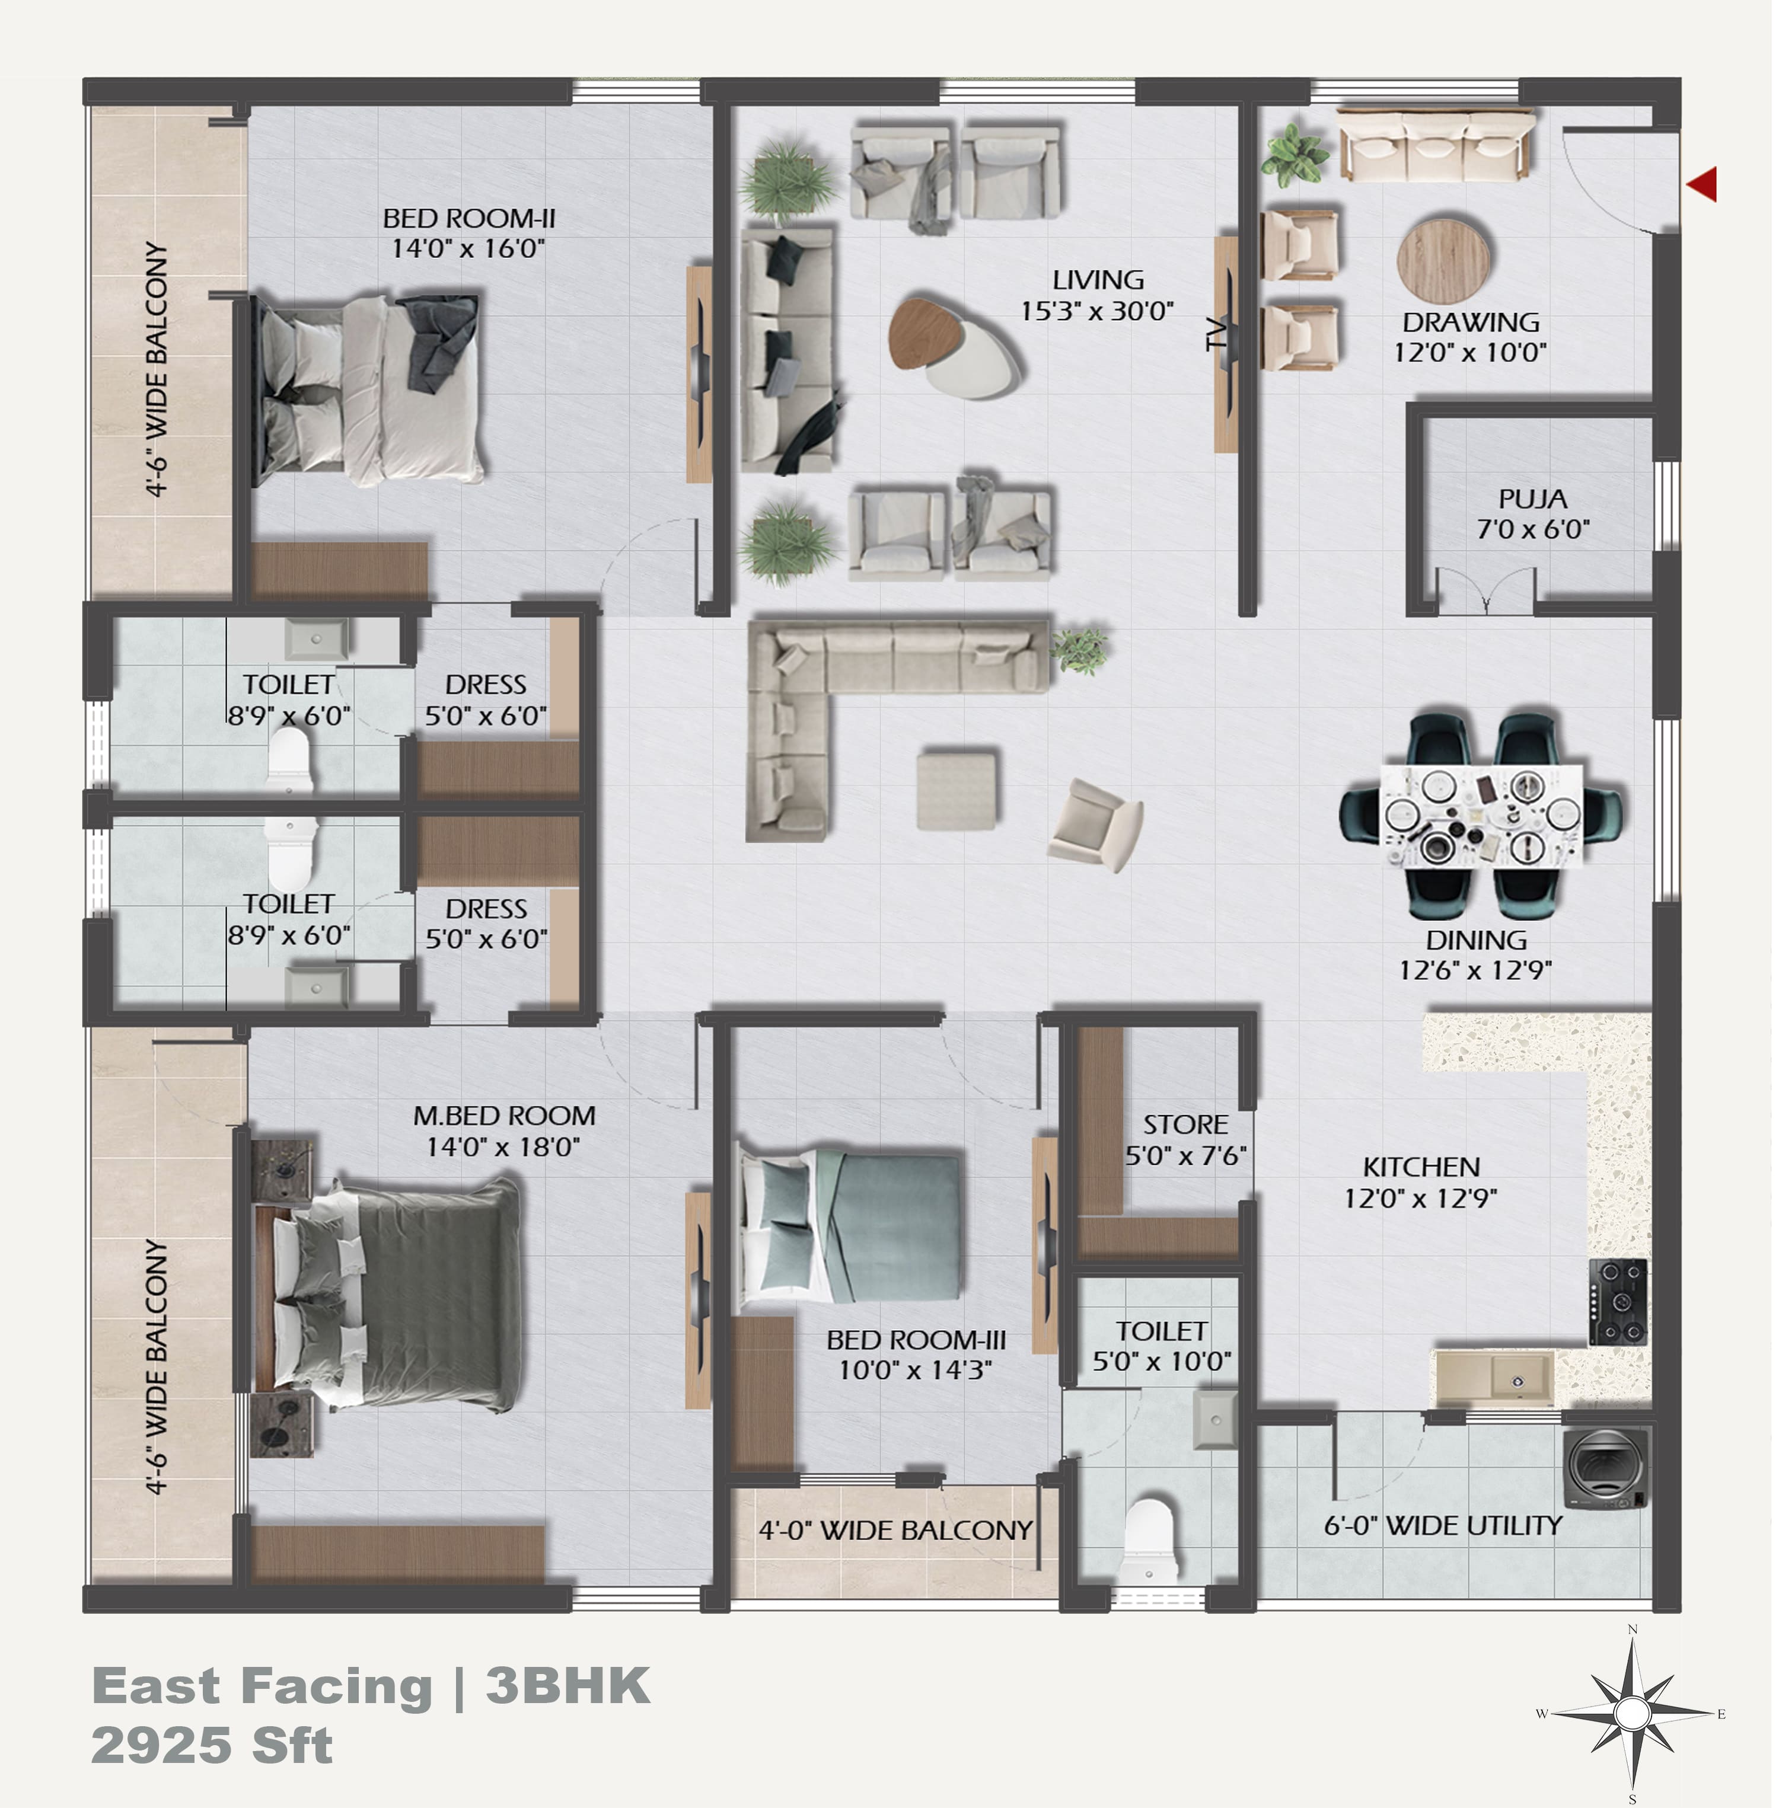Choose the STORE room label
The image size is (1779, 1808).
(x=1185, y=1125)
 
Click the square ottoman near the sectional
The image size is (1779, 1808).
(x=956, y=789)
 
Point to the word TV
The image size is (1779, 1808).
(x=1214, y=334)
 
